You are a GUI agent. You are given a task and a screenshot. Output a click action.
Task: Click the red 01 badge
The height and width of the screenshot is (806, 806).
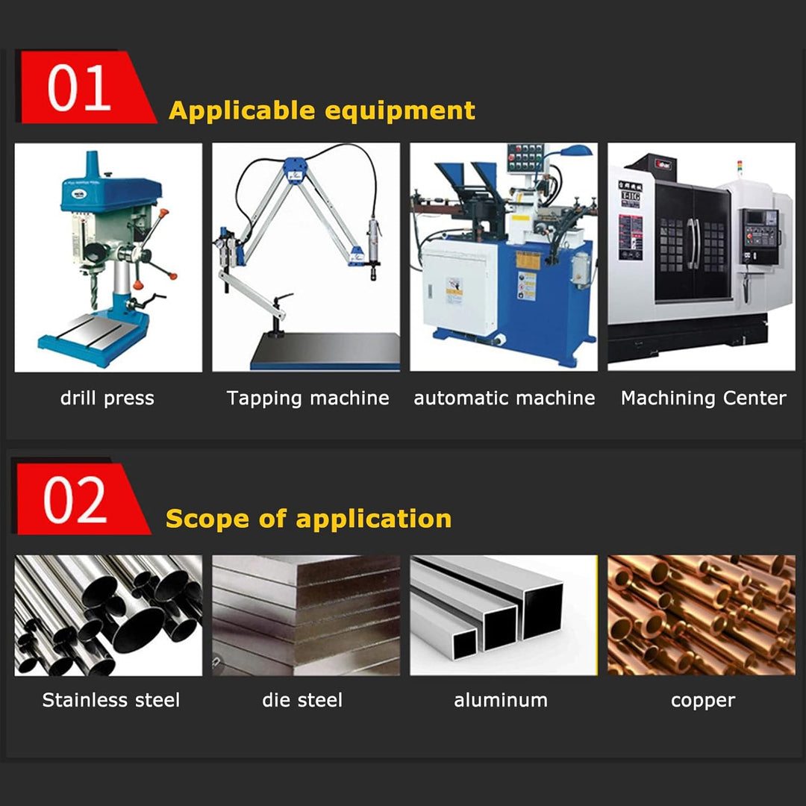[85, 87]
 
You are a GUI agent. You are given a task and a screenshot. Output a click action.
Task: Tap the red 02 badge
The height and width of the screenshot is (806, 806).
[81, 499]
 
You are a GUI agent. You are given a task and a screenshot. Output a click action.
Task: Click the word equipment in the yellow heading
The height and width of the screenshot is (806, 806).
[400, 111]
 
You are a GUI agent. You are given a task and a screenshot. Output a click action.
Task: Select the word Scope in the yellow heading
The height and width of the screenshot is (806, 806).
[207, 518]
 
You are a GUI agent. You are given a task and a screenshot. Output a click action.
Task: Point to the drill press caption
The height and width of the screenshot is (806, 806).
[107, 399]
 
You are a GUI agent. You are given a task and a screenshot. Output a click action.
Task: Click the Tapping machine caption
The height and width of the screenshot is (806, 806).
[307, 399]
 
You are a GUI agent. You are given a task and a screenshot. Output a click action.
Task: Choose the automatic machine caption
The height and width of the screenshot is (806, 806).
[504, 399]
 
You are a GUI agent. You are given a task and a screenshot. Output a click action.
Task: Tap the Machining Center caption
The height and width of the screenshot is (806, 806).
[703, 399]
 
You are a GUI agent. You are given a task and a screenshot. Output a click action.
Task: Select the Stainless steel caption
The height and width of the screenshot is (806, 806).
[111, 700]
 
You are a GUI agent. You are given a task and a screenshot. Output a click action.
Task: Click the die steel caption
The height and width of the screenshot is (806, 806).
[302, 700]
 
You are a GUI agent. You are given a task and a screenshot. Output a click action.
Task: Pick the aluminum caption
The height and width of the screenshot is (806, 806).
[501, 700]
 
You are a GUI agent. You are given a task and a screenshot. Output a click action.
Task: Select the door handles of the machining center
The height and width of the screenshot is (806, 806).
[693, 243]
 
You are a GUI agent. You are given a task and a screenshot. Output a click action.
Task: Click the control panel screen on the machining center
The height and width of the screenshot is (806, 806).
[754, 218]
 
